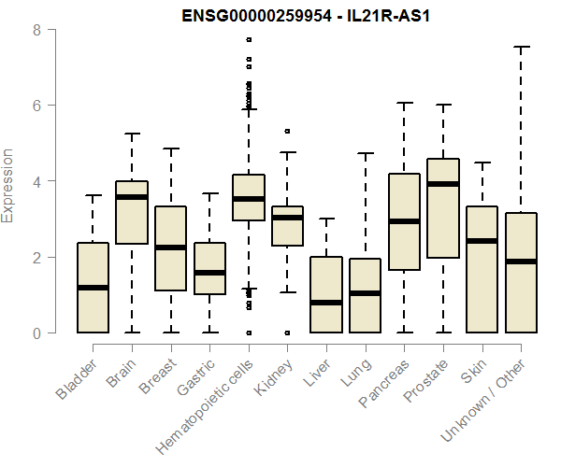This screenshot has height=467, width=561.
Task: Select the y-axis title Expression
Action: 8,185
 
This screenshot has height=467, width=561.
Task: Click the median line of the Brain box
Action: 132,197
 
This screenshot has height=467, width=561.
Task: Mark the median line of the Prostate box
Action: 443,184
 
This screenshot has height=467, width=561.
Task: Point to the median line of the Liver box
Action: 326,303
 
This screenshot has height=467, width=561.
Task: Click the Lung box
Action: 366,295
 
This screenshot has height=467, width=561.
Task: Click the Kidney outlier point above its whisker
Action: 287,132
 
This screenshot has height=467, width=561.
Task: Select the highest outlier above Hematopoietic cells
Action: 249,40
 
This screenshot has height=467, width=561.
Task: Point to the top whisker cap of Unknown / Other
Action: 522,47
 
